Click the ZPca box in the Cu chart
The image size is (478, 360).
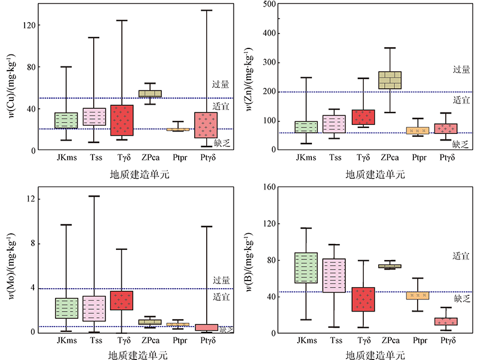point(150,93)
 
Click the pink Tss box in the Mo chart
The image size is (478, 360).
point(94,309)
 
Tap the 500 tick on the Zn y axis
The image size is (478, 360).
point(269,4)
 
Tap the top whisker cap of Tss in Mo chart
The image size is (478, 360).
point(94,196)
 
